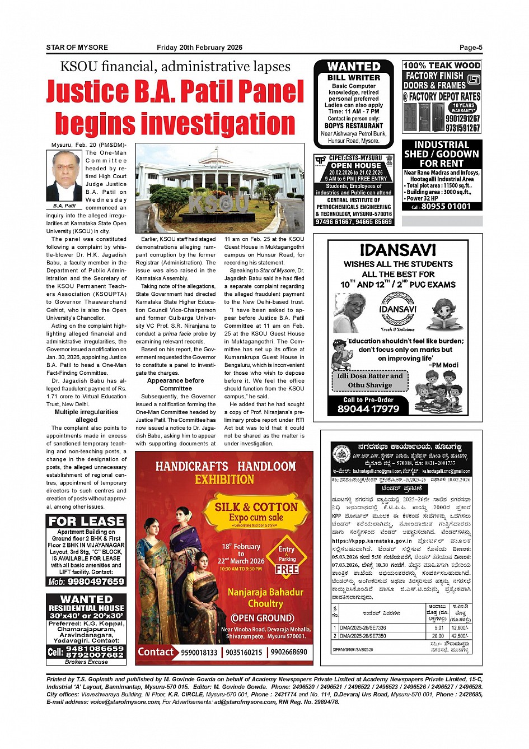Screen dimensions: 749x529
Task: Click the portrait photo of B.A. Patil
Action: [64, 176]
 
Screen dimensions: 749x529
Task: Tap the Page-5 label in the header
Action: [471, 48]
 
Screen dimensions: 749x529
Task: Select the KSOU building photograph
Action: [220, 188]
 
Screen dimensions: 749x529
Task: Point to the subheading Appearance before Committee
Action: [175, 384]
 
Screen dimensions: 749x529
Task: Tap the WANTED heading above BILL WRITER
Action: [353, 67]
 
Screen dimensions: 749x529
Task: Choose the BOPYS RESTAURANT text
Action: [354, 126]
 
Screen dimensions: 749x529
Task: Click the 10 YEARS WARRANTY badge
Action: [464, 108]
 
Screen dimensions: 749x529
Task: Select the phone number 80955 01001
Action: [446, 207]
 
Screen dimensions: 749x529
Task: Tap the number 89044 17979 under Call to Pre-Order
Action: [368, 409]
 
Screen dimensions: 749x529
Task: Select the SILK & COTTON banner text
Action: [256, 507]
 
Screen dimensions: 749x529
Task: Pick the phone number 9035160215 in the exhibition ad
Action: [244, 653]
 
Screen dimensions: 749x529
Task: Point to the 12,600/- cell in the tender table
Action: [460, 628]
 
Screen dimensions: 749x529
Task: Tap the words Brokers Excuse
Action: [86, 662]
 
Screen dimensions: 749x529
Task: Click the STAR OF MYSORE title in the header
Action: [77, 48]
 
